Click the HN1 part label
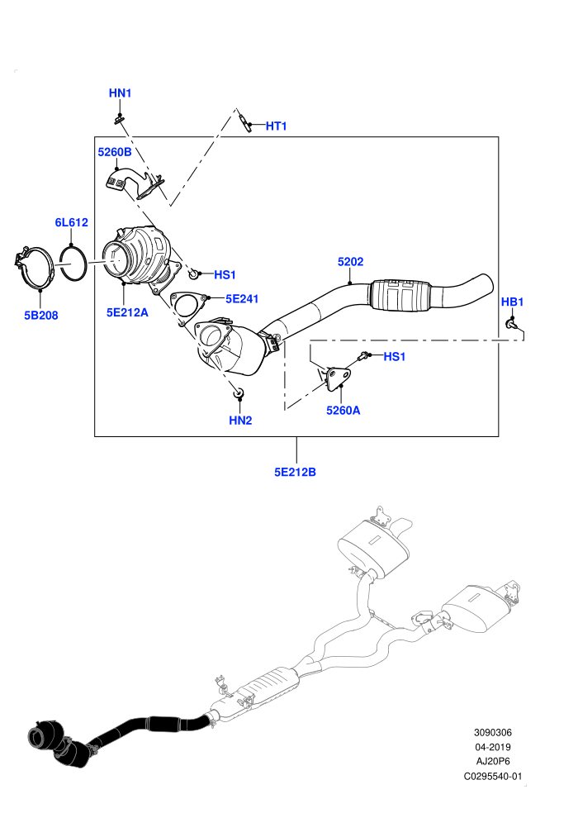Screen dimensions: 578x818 tap(120, 93)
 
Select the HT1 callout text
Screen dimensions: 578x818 tap(277, 126)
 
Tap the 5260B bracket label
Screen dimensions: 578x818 tap(115, 152)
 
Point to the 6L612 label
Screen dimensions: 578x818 tap(71, 222)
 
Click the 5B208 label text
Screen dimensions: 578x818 tap(41, 315)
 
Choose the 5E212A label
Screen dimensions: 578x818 tap(127, 312)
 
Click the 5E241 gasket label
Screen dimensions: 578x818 tap(242, 298)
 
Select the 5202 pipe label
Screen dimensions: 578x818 tap(350, 261)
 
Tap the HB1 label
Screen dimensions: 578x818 tap(512, 302)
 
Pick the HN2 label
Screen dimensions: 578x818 tap(240, 420)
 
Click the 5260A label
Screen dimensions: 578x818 tap(343, 410)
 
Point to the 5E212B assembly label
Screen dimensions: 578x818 tap(295, 472)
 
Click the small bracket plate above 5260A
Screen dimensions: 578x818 tap(337, 377)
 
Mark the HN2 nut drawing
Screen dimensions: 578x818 tap(239, 392)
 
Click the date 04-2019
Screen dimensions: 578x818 tap(492, 747)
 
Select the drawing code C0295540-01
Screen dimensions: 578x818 tap(492, 776)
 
